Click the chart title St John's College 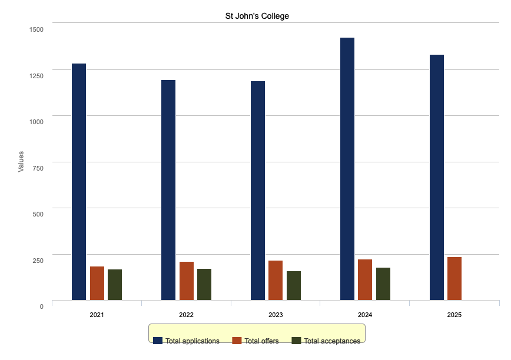(257, 16)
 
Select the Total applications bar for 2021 (79, 182)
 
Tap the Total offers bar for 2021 (97, 283)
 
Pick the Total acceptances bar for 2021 (115, 285)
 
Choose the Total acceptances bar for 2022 (204, 284)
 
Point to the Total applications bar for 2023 (258, 191)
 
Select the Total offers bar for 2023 (276, 280)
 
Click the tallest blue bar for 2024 (347, 169)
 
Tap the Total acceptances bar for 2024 (383, 284)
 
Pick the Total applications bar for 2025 (437, 177)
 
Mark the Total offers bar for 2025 (454, 278)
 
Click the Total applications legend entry (187, 341)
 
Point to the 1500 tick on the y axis (36, 29)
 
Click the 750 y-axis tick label (38, 168)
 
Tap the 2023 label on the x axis (276, 315)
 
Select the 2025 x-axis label (454, 315)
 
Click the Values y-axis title (21, 162)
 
